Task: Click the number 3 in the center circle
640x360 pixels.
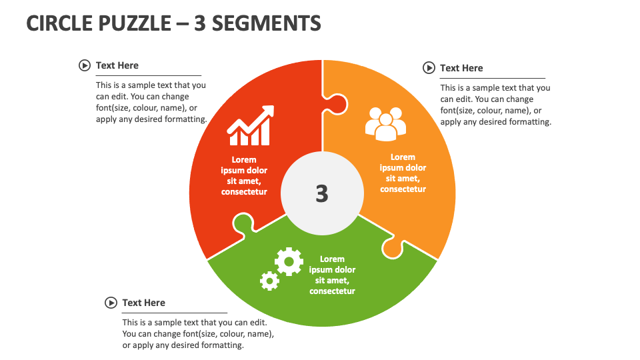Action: point(322,193)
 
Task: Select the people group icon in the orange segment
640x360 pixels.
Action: point(385,124)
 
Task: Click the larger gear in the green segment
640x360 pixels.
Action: point(289,262)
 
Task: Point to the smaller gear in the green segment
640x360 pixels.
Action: point(269,281)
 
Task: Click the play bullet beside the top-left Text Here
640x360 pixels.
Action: point(85,65)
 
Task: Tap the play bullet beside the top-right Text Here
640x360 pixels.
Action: point(429,68)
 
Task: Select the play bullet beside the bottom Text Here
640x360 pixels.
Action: point(111,303)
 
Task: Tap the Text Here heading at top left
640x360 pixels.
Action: point(117,65)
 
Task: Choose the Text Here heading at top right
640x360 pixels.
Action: point(461,68)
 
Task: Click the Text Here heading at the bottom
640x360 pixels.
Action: point(143,303)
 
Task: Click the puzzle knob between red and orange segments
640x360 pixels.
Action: point(336,103)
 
